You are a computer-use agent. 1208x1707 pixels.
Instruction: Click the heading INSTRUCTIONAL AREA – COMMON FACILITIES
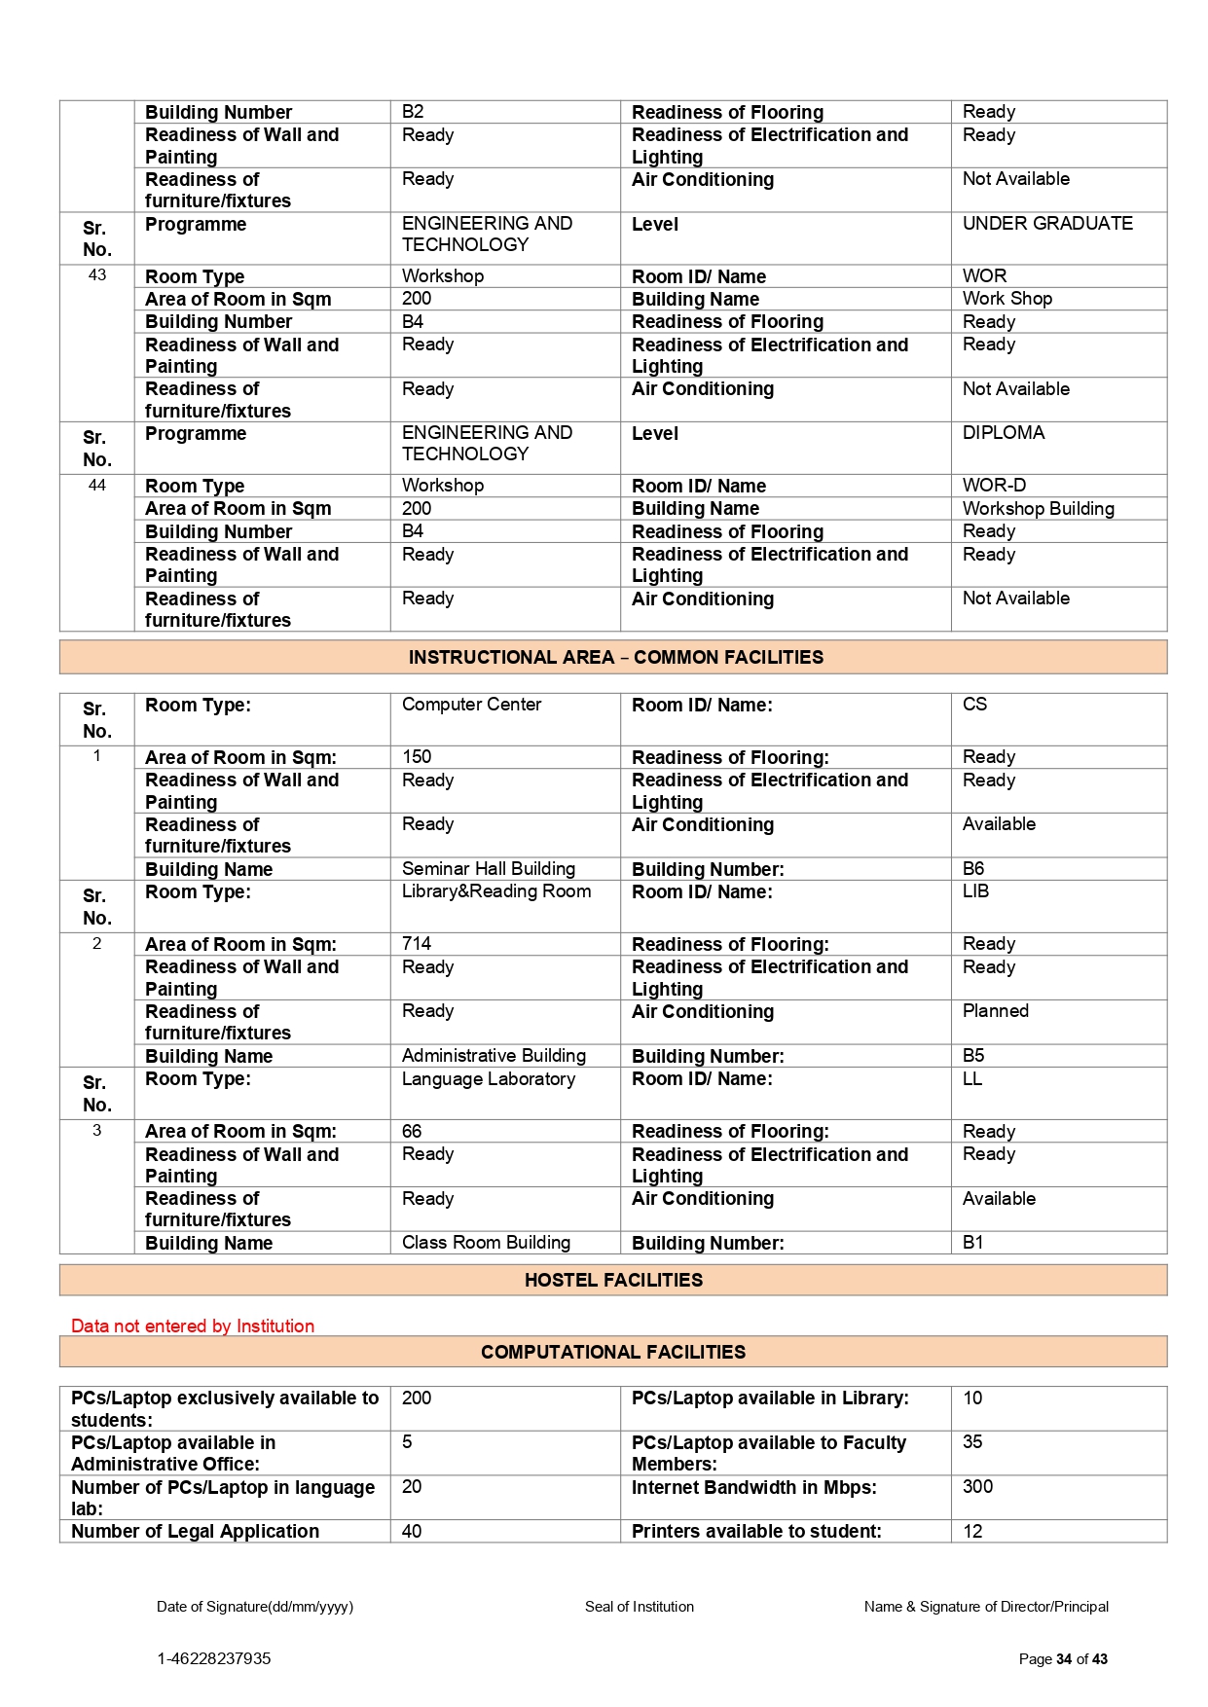[615, 657]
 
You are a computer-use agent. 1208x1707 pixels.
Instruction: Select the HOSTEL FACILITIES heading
[613, 1280]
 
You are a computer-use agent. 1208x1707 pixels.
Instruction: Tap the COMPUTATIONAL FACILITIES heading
[613, 1352]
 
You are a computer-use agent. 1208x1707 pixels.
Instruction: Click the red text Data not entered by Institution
[193, 1326]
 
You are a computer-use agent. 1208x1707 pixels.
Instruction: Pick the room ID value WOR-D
[994, 485]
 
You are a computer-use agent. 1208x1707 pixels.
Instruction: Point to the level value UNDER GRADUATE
[1047, 223]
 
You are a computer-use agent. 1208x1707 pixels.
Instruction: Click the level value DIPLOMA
[1004, 432]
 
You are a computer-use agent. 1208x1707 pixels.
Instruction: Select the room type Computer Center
[471, 704]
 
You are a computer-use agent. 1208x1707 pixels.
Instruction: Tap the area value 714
[417, 943]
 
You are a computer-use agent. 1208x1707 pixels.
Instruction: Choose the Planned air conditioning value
[995, 1010]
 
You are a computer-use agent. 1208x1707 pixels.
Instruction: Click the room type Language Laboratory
[488, 1078]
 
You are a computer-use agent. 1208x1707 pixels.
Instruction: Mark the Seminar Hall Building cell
[488, 868]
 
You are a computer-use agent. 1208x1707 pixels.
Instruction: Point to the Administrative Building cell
[494, 1055]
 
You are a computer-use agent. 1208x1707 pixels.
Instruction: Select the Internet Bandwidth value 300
[977, 1486]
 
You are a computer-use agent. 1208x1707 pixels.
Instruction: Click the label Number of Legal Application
[195, 1531]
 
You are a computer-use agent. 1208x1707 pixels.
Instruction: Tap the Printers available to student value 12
[972, 1531]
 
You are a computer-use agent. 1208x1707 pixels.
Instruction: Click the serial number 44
[97, 485]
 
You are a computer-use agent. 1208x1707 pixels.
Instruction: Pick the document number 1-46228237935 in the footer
[214, 1658]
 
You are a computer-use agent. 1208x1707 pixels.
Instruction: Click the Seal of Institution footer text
[639, 1607]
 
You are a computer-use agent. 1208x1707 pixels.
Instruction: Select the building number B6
[973, 868]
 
